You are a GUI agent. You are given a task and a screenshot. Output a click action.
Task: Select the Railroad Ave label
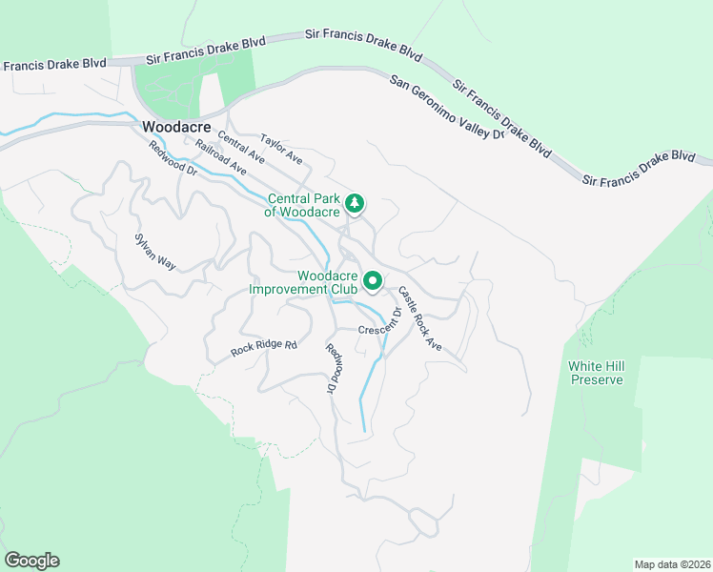(x=220, y=157)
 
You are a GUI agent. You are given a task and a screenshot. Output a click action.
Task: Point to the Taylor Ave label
(x=281, y=146)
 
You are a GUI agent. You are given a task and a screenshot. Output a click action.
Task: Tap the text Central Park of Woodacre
(x=302, y=205)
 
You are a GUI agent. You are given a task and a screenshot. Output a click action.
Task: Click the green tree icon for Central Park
(x=355, y=202)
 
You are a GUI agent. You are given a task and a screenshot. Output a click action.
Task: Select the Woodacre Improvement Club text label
(x=302, y=282)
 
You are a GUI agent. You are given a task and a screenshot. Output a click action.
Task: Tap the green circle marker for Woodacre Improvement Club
(x=374, y=281)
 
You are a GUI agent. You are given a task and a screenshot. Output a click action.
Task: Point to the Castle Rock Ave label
(x=420, y=317)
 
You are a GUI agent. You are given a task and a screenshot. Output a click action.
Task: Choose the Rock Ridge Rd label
(x=264, y=348)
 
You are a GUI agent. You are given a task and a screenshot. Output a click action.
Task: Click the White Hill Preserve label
(x=596, y=373)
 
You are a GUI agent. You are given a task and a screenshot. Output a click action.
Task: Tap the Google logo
(x=31, y=561)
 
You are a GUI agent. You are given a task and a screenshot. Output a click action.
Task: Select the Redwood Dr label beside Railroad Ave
(x=172, y=158)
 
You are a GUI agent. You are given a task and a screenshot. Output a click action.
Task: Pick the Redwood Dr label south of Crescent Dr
(x=333, y=368)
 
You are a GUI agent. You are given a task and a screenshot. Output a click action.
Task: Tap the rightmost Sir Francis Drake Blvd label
(x=638, y=166)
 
